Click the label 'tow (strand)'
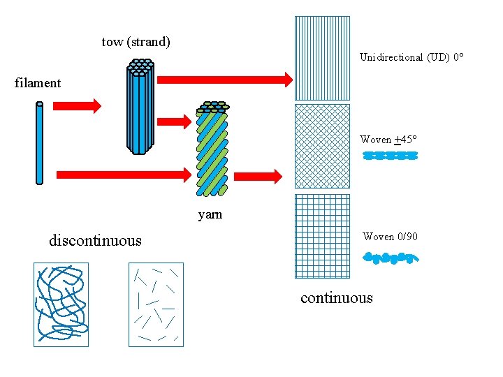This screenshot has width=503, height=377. coord(136,42)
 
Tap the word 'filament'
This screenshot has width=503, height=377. coord(38,83)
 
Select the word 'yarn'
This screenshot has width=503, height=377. coord(210,214)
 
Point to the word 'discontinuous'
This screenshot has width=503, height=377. coord(95,241)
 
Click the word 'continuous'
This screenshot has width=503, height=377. coord(337,298)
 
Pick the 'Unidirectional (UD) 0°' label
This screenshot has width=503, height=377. coord(411,57)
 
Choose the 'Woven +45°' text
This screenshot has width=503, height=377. coord(388,140)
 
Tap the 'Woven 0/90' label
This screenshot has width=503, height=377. coord(390,237)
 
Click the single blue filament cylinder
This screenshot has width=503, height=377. coord(40,143)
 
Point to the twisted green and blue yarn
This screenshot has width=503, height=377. coord(212,148)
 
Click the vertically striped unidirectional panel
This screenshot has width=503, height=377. coord(322,58)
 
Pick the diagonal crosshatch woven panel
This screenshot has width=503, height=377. coord(322,146)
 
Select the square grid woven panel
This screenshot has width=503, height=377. coord(322,236)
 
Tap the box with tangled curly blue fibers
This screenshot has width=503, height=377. coord(61,304)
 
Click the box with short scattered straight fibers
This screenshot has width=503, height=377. coord(156,304)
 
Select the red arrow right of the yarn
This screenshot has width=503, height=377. coord(266,176)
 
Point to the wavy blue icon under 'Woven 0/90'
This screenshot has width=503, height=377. coord(391,258)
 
